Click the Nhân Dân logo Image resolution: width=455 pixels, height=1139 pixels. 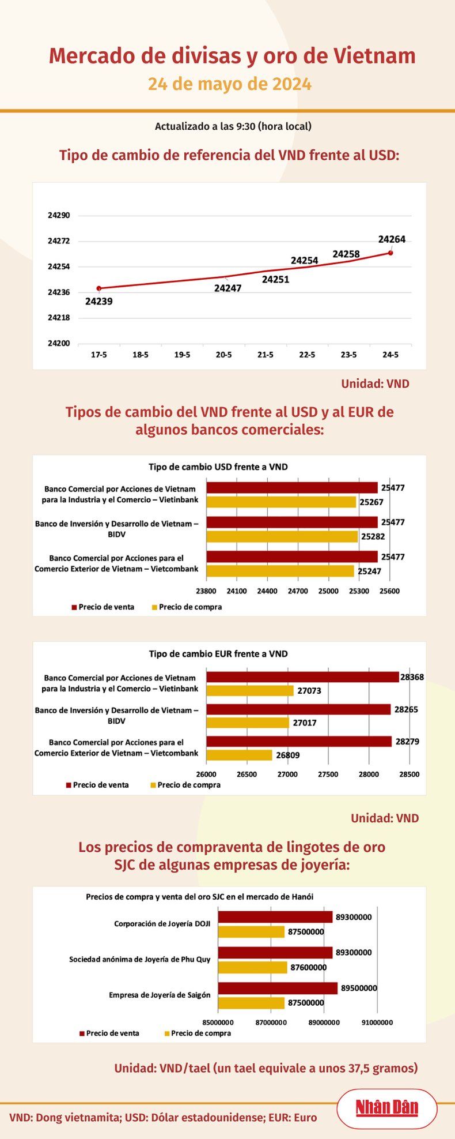[x=386, y=1108]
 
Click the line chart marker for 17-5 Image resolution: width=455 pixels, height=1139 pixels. [x=99, y=288]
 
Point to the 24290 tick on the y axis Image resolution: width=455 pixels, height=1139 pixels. [x=59, y=216]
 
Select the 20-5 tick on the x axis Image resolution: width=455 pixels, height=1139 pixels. [x=223, y=355]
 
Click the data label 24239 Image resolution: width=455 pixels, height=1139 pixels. [x=99, y=301]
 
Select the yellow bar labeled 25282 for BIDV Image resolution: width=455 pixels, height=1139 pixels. [x=282, y=537]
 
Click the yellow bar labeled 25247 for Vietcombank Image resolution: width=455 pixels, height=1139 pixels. [x=280, y=572]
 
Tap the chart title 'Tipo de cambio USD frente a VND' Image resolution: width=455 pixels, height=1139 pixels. [x=218, y=467]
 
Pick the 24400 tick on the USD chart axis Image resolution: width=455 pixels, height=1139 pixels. [x=267, y=591]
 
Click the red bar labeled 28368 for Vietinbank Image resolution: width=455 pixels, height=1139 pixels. [x=302, y=677]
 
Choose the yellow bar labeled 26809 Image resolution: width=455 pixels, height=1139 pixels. [x=239, y=755]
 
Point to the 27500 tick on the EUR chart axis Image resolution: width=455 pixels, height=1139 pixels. [x=328, y=775]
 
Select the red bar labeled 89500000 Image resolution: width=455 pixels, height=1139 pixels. [x=278, y=988]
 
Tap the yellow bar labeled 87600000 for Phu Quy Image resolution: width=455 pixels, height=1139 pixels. [x=252, y=968]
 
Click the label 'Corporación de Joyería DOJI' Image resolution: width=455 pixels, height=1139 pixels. [x=162, y=924]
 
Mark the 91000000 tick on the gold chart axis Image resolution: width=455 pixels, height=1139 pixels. [x=377, y=1023]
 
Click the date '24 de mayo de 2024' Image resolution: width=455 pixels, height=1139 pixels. [x=230, y=84]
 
